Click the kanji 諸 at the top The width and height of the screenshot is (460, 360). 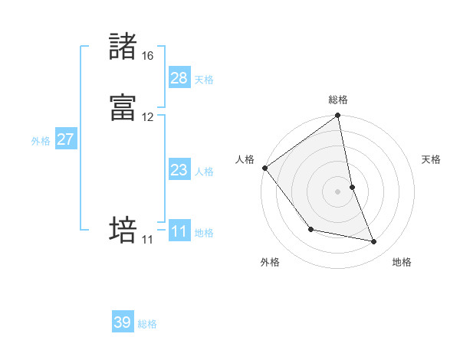coord(123,47)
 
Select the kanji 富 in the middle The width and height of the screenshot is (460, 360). coord(123,108)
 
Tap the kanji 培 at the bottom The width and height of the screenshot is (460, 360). coord(123,230)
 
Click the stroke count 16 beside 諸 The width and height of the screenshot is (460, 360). coord(147,56)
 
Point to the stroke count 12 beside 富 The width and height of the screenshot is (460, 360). coord(147,117)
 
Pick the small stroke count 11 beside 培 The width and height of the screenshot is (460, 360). coord(147,240)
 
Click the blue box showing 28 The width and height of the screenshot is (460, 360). coord(179,78)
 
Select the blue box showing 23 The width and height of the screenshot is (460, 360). coord(179,170)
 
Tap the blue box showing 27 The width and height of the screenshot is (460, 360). coord(66,139)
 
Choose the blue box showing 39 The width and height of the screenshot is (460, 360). coord(123,322)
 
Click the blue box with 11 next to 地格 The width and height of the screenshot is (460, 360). coord(179,231)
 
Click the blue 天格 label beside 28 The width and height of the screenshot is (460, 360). coord(204,80)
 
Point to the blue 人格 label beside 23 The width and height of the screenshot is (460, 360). coord(204,172)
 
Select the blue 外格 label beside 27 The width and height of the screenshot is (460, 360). coord(41,141)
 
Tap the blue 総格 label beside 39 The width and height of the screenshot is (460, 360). coord(147,324)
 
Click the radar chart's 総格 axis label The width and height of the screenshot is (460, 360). coord(338,100)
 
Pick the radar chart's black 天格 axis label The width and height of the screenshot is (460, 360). coord(431,159)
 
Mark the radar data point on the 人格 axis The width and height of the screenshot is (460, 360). coord(264,168)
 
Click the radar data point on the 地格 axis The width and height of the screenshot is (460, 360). coord(374,242)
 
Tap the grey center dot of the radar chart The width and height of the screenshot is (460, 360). coord(338,191)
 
